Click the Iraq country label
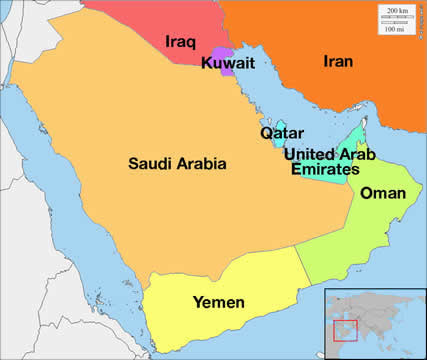point(181,43)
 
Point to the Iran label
point(339,61)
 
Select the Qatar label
point(281,133)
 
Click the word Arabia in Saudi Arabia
point(202,163)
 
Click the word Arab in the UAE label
point(358,154)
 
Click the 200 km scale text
point(397,10)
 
